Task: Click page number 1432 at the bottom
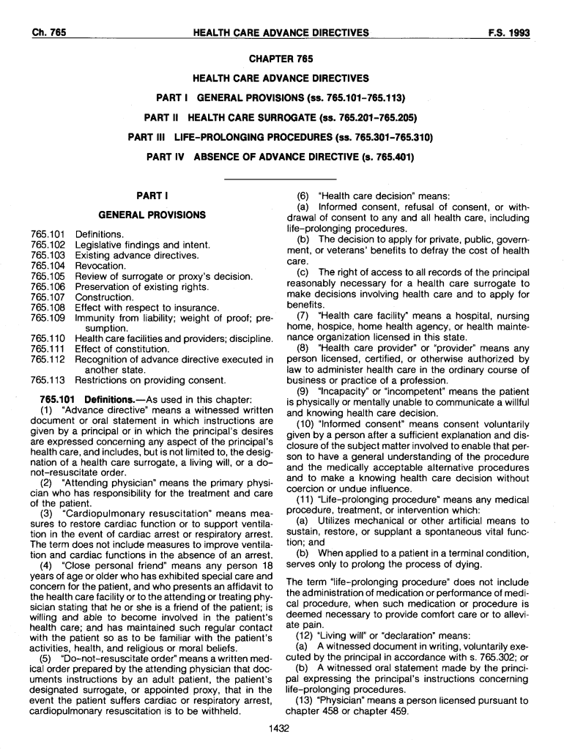[x=281, y=728]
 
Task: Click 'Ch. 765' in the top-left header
[x=50, y=33]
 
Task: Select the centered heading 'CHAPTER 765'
[x=281, y=59]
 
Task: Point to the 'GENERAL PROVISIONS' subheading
[x=152, y=215]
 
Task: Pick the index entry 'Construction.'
[x=105, y=297]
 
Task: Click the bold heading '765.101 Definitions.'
[x=86, y=399]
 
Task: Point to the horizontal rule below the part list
[x=281, y=179]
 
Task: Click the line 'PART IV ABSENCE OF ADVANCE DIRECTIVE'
[x=281, y=156]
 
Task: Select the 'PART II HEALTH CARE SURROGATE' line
[x=281, y=117]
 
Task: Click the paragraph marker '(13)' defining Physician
[x=306, y=700]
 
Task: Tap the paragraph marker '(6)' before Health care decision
[x=303, y=196]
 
